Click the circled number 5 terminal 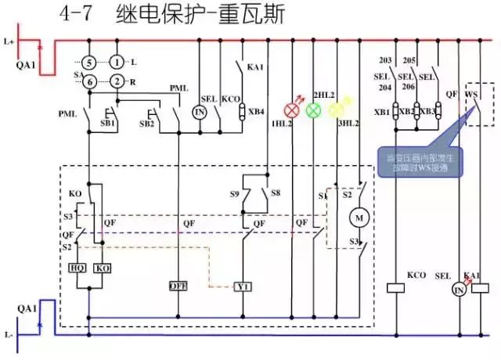coord(90,62)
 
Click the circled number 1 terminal coord(117,62)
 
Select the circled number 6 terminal coord(90,81)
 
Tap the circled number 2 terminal coord(117,81)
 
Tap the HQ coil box coord(78,268)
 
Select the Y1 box coord(243,287)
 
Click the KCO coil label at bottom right coord(416,275)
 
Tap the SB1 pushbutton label coord(108,124)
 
